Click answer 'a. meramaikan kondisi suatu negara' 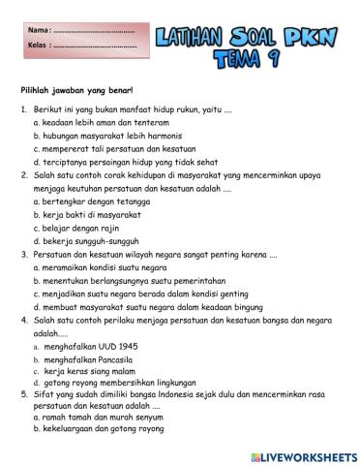point(100,266)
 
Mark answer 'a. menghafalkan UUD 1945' point(88,345)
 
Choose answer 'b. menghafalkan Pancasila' point(89,357)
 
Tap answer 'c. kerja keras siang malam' point(90,370)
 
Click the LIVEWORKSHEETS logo point(303,454)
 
